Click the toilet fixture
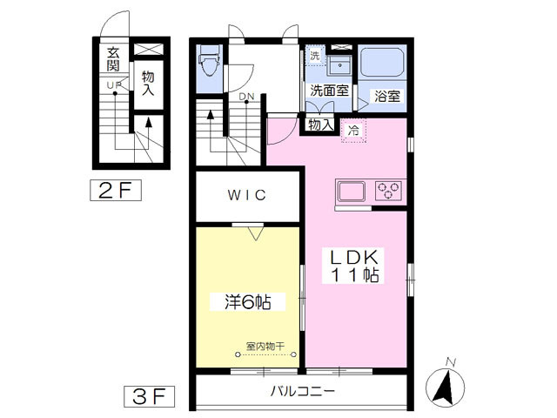(x=210, y=61)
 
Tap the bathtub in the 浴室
(x=382, y=62)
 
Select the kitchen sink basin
(x=352, y=191)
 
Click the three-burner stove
(x=388, y=190)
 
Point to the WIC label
(x=247, y=195)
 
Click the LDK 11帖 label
(x=352, y=266)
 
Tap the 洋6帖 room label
(x=247, y=302)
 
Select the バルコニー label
(x=302, y=392)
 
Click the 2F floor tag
(x=116, y=191)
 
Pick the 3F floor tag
(x=149, y=396)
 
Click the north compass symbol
(x=446, y=386)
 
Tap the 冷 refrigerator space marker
(x=353, y=131)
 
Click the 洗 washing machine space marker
(x=315, y=56)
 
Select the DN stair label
(x=246, y=97)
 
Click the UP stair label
(x=114, y=85)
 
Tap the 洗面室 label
(x=329, y=91)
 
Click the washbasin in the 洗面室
(x=339, y=64)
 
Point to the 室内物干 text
(x=265, y=346)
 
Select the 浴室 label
(x=387, y=97)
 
